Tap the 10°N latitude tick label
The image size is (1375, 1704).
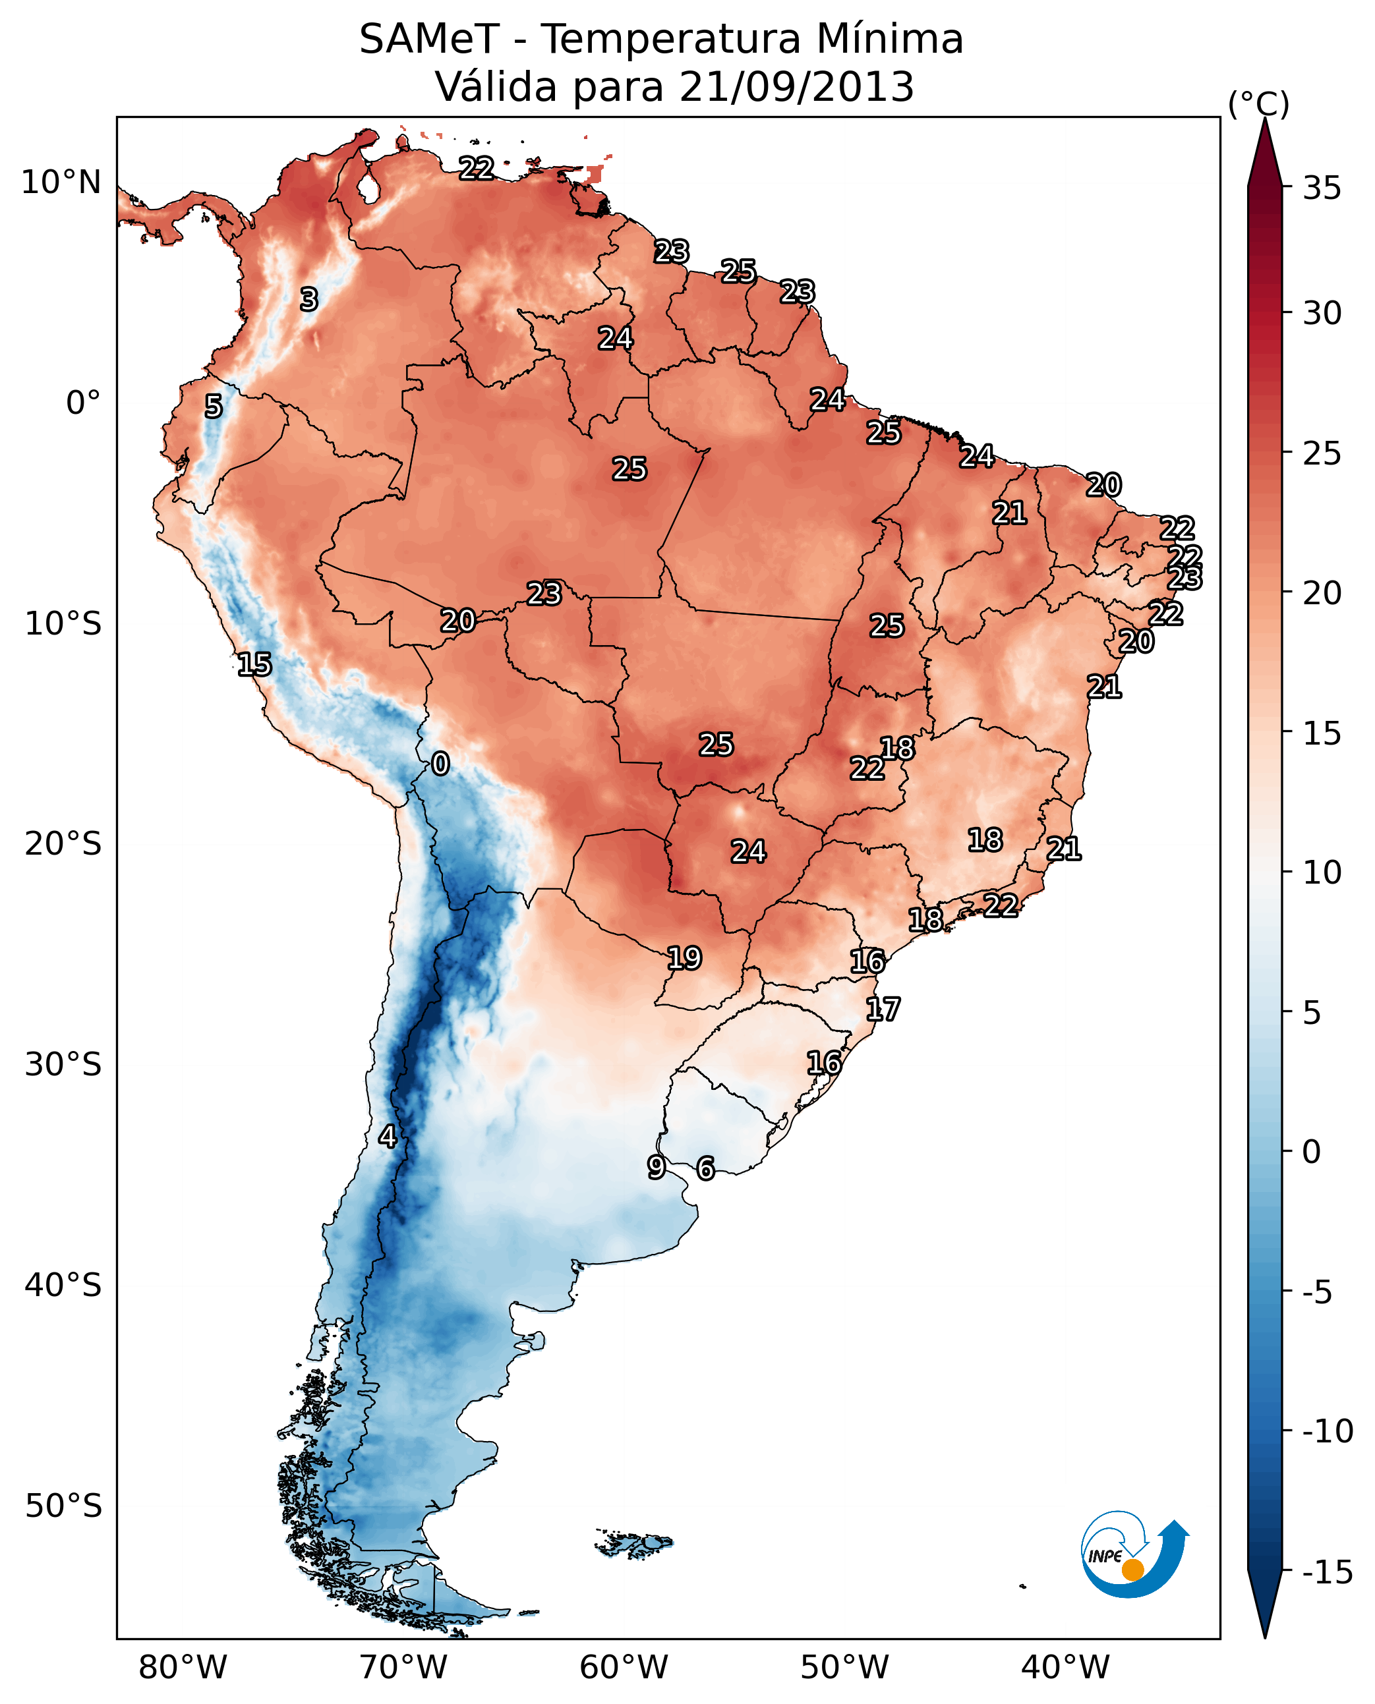(61, 183)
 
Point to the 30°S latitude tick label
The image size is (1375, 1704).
(63, 1064)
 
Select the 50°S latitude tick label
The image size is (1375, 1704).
(63, 1505)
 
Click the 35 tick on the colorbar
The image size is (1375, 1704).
(1322, 188)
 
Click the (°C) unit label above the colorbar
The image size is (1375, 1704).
(1258, 103)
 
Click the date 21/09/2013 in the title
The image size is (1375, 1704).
(797, 87)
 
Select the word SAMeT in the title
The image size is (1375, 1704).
(428, 40)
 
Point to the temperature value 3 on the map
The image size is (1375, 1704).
(309, 299)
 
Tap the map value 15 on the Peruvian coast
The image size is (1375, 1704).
(254, 664)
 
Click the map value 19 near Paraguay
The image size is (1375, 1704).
(684, 958)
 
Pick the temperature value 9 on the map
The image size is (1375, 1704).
(656, 1166)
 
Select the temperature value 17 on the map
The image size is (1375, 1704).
(883, 1009)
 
